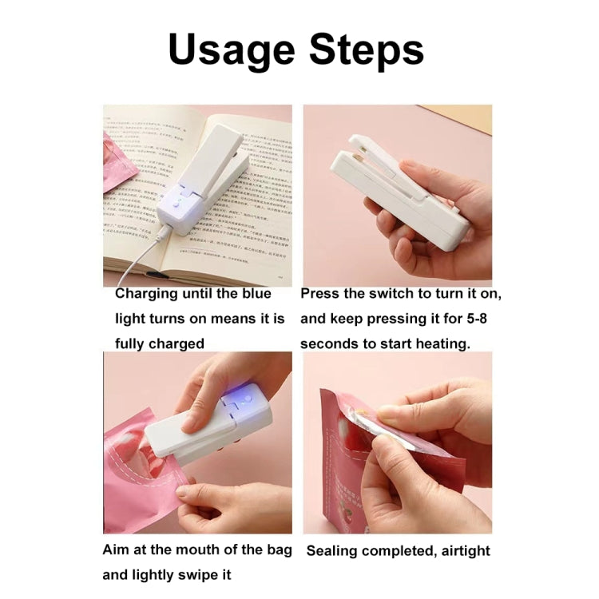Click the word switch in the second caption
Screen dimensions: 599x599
click(387, 293)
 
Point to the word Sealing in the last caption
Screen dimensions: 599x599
click(334, 550)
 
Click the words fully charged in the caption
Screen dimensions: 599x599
click(160, 343)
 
